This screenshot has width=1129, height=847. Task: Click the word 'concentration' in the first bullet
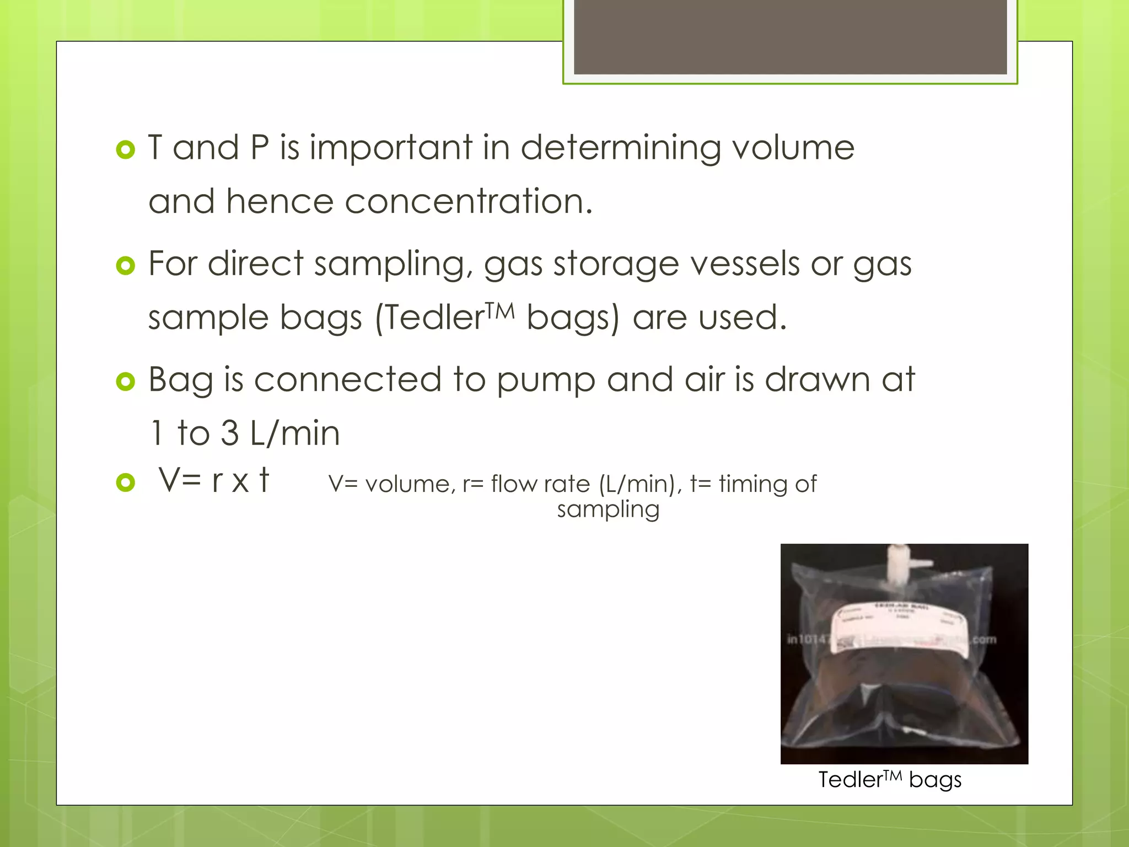click(x=469, y=201)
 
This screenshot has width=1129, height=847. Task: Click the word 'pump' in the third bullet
click(x=546, y=380)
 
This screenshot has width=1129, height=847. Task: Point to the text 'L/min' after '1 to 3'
click(x=295, y=433)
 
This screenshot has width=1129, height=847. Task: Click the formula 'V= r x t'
click(x=214, y=480)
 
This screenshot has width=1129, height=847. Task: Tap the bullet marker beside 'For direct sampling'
click(x=126, y=266)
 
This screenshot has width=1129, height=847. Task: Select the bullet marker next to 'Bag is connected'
click(x=126, y=382)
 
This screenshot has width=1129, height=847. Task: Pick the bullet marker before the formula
click(x=126, y=483)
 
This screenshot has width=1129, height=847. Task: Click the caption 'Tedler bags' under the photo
click(x=890, y=780)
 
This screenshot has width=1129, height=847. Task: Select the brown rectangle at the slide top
click(x=790, y=37)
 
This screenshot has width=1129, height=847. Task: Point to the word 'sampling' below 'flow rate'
click(x=608, y=510)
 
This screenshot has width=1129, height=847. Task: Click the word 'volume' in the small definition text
click(x=410, y=485)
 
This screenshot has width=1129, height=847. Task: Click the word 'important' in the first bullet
click(x=391, y=149)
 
